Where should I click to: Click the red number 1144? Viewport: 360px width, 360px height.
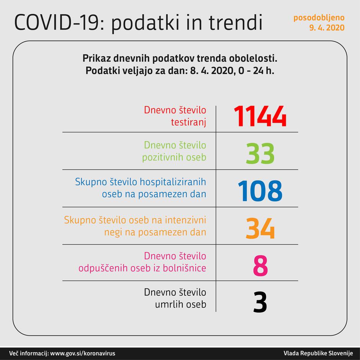260,116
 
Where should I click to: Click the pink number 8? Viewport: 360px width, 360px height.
260,265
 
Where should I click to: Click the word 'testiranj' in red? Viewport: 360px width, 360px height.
188,122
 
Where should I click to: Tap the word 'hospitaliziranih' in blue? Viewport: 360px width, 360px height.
175,182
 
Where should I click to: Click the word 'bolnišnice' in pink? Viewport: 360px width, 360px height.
187,268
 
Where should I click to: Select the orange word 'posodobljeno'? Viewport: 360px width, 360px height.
319,18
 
